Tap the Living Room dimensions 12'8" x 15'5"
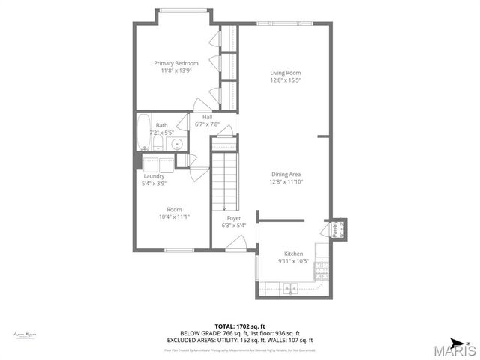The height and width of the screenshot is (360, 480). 286,81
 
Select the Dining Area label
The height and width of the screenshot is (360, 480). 286,174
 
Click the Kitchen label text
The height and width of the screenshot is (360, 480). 292,253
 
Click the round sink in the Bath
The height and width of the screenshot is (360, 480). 177,145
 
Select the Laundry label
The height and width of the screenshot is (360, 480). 154,176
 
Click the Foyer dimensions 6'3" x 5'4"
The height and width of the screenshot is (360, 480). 234,226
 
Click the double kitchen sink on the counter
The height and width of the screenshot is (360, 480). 289,288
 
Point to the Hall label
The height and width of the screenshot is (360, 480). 207,116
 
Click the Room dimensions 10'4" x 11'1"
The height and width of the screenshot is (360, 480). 174,217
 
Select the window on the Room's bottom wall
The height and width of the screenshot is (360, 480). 180,250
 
